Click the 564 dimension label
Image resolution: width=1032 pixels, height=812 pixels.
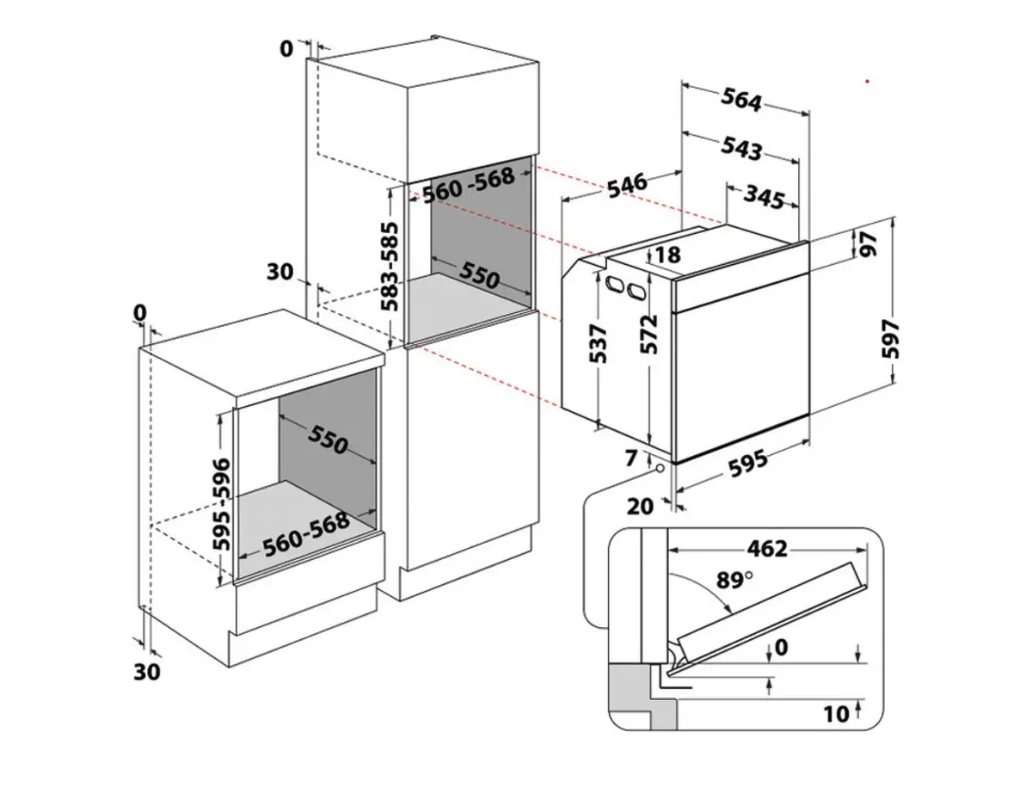click(x=742, y=101)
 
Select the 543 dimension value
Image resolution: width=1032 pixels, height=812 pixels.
click(x=741, y=149)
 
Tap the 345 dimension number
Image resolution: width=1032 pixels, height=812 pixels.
click(x=764, y=199)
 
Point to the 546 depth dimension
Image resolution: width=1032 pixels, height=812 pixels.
click(x=626, y=185)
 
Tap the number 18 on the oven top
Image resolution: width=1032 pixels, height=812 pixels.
click(x=667, y=254)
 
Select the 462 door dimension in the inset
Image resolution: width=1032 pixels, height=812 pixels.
click(x=767, y=549)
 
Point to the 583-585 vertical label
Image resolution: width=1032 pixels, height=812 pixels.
click(x=391, y=267)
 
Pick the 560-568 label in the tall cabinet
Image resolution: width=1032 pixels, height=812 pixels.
click(x=469, y=183)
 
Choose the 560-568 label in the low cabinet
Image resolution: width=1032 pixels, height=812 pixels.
click(x=305, y=534)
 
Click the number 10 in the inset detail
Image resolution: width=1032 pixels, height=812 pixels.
click(x=835, y=713)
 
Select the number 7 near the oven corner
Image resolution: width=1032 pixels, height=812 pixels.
click(x=632, y=458)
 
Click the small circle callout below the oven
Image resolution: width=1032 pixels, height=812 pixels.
click(x=659, y=468)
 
